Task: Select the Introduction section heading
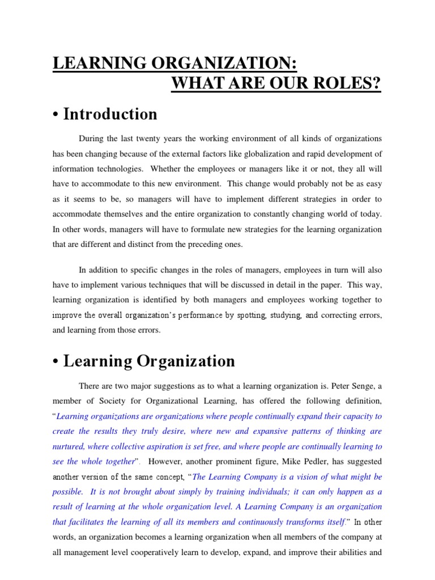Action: tap(110, 114)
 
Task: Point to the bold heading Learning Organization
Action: tap(149, 361)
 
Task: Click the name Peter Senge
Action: tap(349, 386)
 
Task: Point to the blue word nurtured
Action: tap(71, 446)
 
